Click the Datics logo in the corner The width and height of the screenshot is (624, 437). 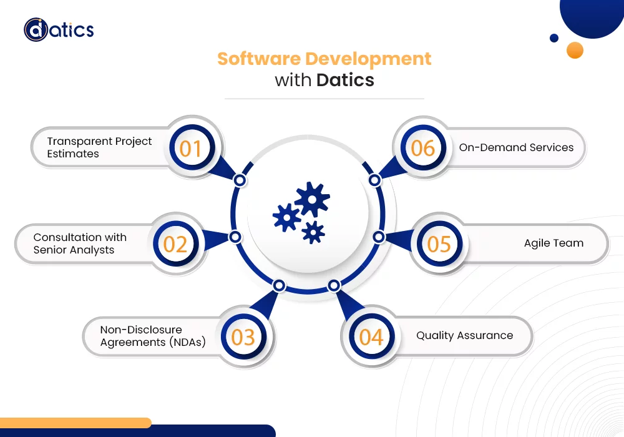pos(59,29)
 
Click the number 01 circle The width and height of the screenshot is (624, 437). pos(191,149)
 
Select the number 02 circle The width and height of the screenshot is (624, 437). pos(175,243)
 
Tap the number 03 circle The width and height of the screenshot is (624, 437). pos(243,337)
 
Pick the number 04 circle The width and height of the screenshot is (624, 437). pos(371,337)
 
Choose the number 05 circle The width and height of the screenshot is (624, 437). pos(439,243)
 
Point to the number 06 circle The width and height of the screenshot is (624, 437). pos(422,148)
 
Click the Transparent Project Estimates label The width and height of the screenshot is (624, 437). pos(99,147)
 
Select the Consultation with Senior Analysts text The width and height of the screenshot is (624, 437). pos(80,243)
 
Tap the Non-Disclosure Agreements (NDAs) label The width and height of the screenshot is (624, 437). pos(153,336)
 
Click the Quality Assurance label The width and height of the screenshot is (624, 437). pos(464,336)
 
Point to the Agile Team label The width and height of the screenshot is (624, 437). pos(553,243)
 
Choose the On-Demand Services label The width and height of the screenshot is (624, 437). pos(516,148)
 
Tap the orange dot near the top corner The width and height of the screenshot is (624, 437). pos(575,50)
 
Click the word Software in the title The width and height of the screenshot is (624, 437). pos(258,59)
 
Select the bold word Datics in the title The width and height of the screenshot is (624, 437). pos(345,80)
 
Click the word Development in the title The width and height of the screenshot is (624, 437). pos(368,59)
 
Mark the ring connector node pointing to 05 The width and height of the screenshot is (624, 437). pos(378,237)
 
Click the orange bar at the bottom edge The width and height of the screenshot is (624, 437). pos(75,423)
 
